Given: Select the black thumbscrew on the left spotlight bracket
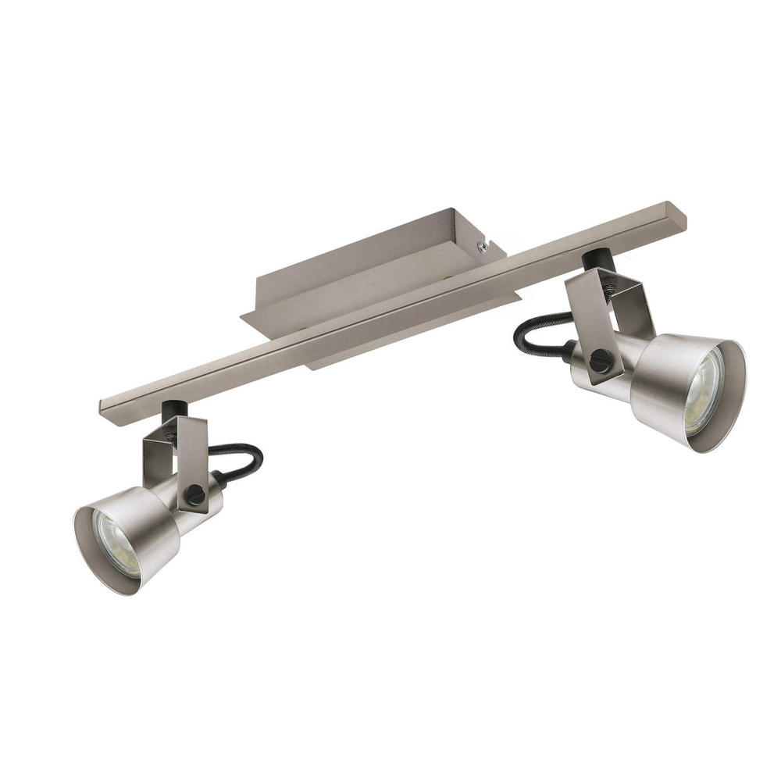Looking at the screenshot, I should (194, 494).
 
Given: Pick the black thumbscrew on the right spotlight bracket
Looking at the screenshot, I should (600, 360).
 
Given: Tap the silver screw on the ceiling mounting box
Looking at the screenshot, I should (483, 247).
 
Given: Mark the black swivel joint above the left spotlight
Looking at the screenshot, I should (173, 411).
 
